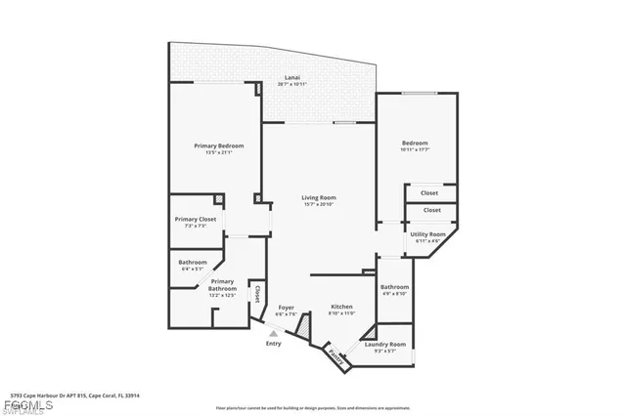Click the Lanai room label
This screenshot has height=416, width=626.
point(291,77)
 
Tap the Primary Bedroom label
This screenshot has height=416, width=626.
point(218,146)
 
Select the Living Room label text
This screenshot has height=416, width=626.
point(319,198)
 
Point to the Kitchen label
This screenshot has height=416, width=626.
point(341,307)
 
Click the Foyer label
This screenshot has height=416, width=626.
point(286,307)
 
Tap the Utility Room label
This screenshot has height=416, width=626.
point(427,234)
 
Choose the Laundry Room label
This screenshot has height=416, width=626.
point(384,344)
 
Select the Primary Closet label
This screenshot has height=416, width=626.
point(196,220)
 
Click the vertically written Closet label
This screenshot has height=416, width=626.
point(257,293)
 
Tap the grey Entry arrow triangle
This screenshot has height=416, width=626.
point(273,333)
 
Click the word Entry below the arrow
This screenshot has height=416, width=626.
point(273,343)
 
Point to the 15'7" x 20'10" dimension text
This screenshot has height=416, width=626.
point(319,204)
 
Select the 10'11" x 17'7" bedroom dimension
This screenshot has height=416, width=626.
point(415,149)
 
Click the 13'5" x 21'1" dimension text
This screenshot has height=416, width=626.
point(218,151)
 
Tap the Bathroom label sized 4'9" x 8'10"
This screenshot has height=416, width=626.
point(394,287)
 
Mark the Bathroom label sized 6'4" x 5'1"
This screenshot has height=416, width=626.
point(193,263)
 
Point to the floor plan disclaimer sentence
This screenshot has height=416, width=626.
point(312,407)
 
